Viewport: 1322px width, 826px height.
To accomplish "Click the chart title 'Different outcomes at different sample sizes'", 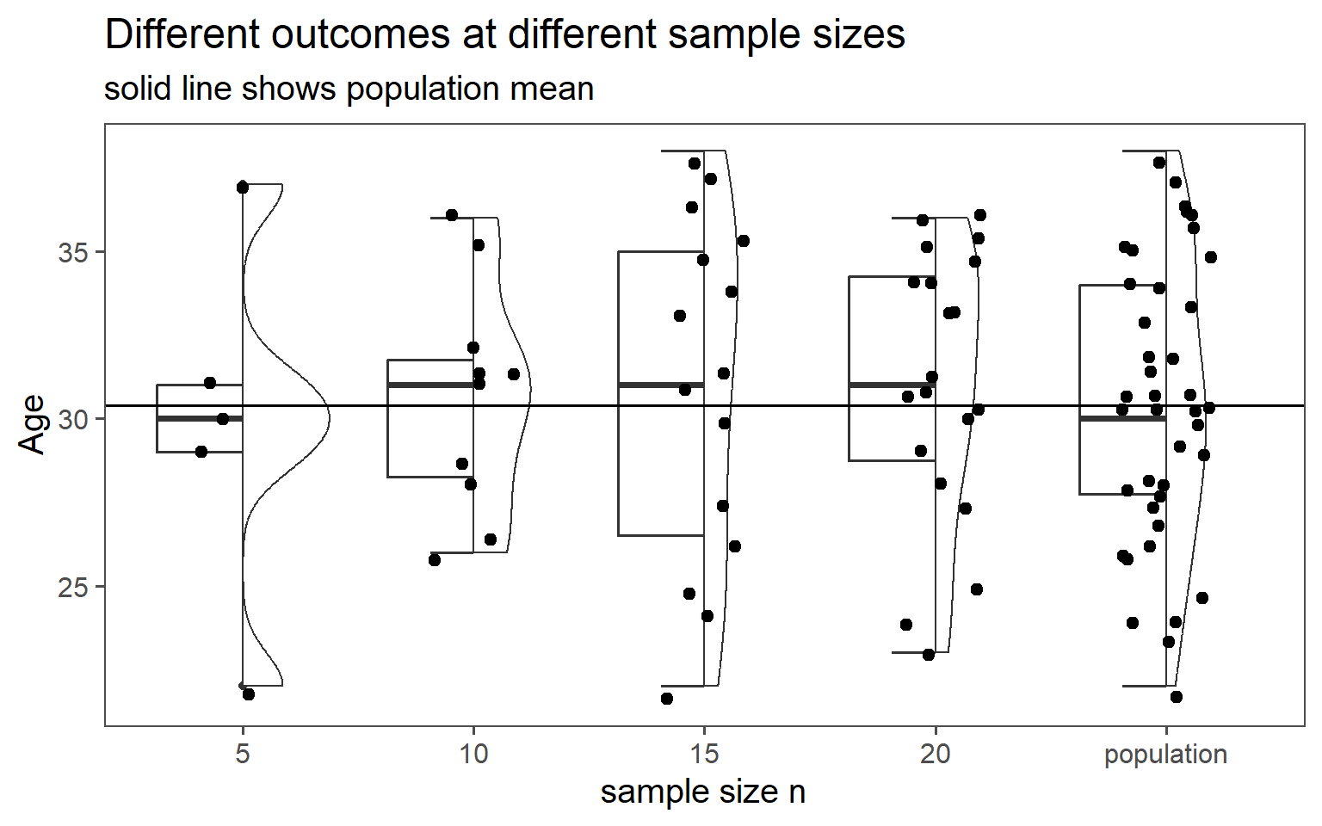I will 504,35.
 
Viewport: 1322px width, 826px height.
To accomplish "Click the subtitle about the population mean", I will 349,89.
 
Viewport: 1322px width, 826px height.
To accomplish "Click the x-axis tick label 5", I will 243,755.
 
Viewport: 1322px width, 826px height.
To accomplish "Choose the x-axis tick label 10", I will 473,755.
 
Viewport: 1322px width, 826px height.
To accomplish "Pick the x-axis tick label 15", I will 704,755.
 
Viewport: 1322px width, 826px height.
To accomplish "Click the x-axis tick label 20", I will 935,755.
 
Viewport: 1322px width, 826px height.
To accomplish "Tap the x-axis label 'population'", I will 1165,755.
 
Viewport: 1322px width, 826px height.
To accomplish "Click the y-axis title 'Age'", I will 32,423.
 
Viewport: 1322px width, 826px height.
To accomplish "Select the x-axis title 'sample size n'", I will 703,792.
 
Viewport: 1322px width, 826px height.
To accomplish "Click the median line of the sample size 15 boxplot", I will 661,385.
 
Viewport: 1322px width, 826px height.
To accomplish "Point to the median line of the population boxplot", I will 1122,418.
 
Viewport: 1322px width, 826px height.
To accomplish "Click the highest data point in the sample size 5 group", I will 243,187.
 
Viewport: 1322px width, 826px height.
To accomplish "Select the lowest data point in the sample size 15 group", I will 667,699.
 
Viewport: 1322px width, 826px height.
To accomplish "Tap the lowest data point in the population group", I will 1177,697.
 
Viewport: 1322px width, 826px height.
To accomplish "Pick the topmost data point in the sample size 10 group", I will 452,215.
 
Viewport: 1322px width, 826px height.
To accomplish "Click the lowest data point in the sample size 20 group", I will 929,655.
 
